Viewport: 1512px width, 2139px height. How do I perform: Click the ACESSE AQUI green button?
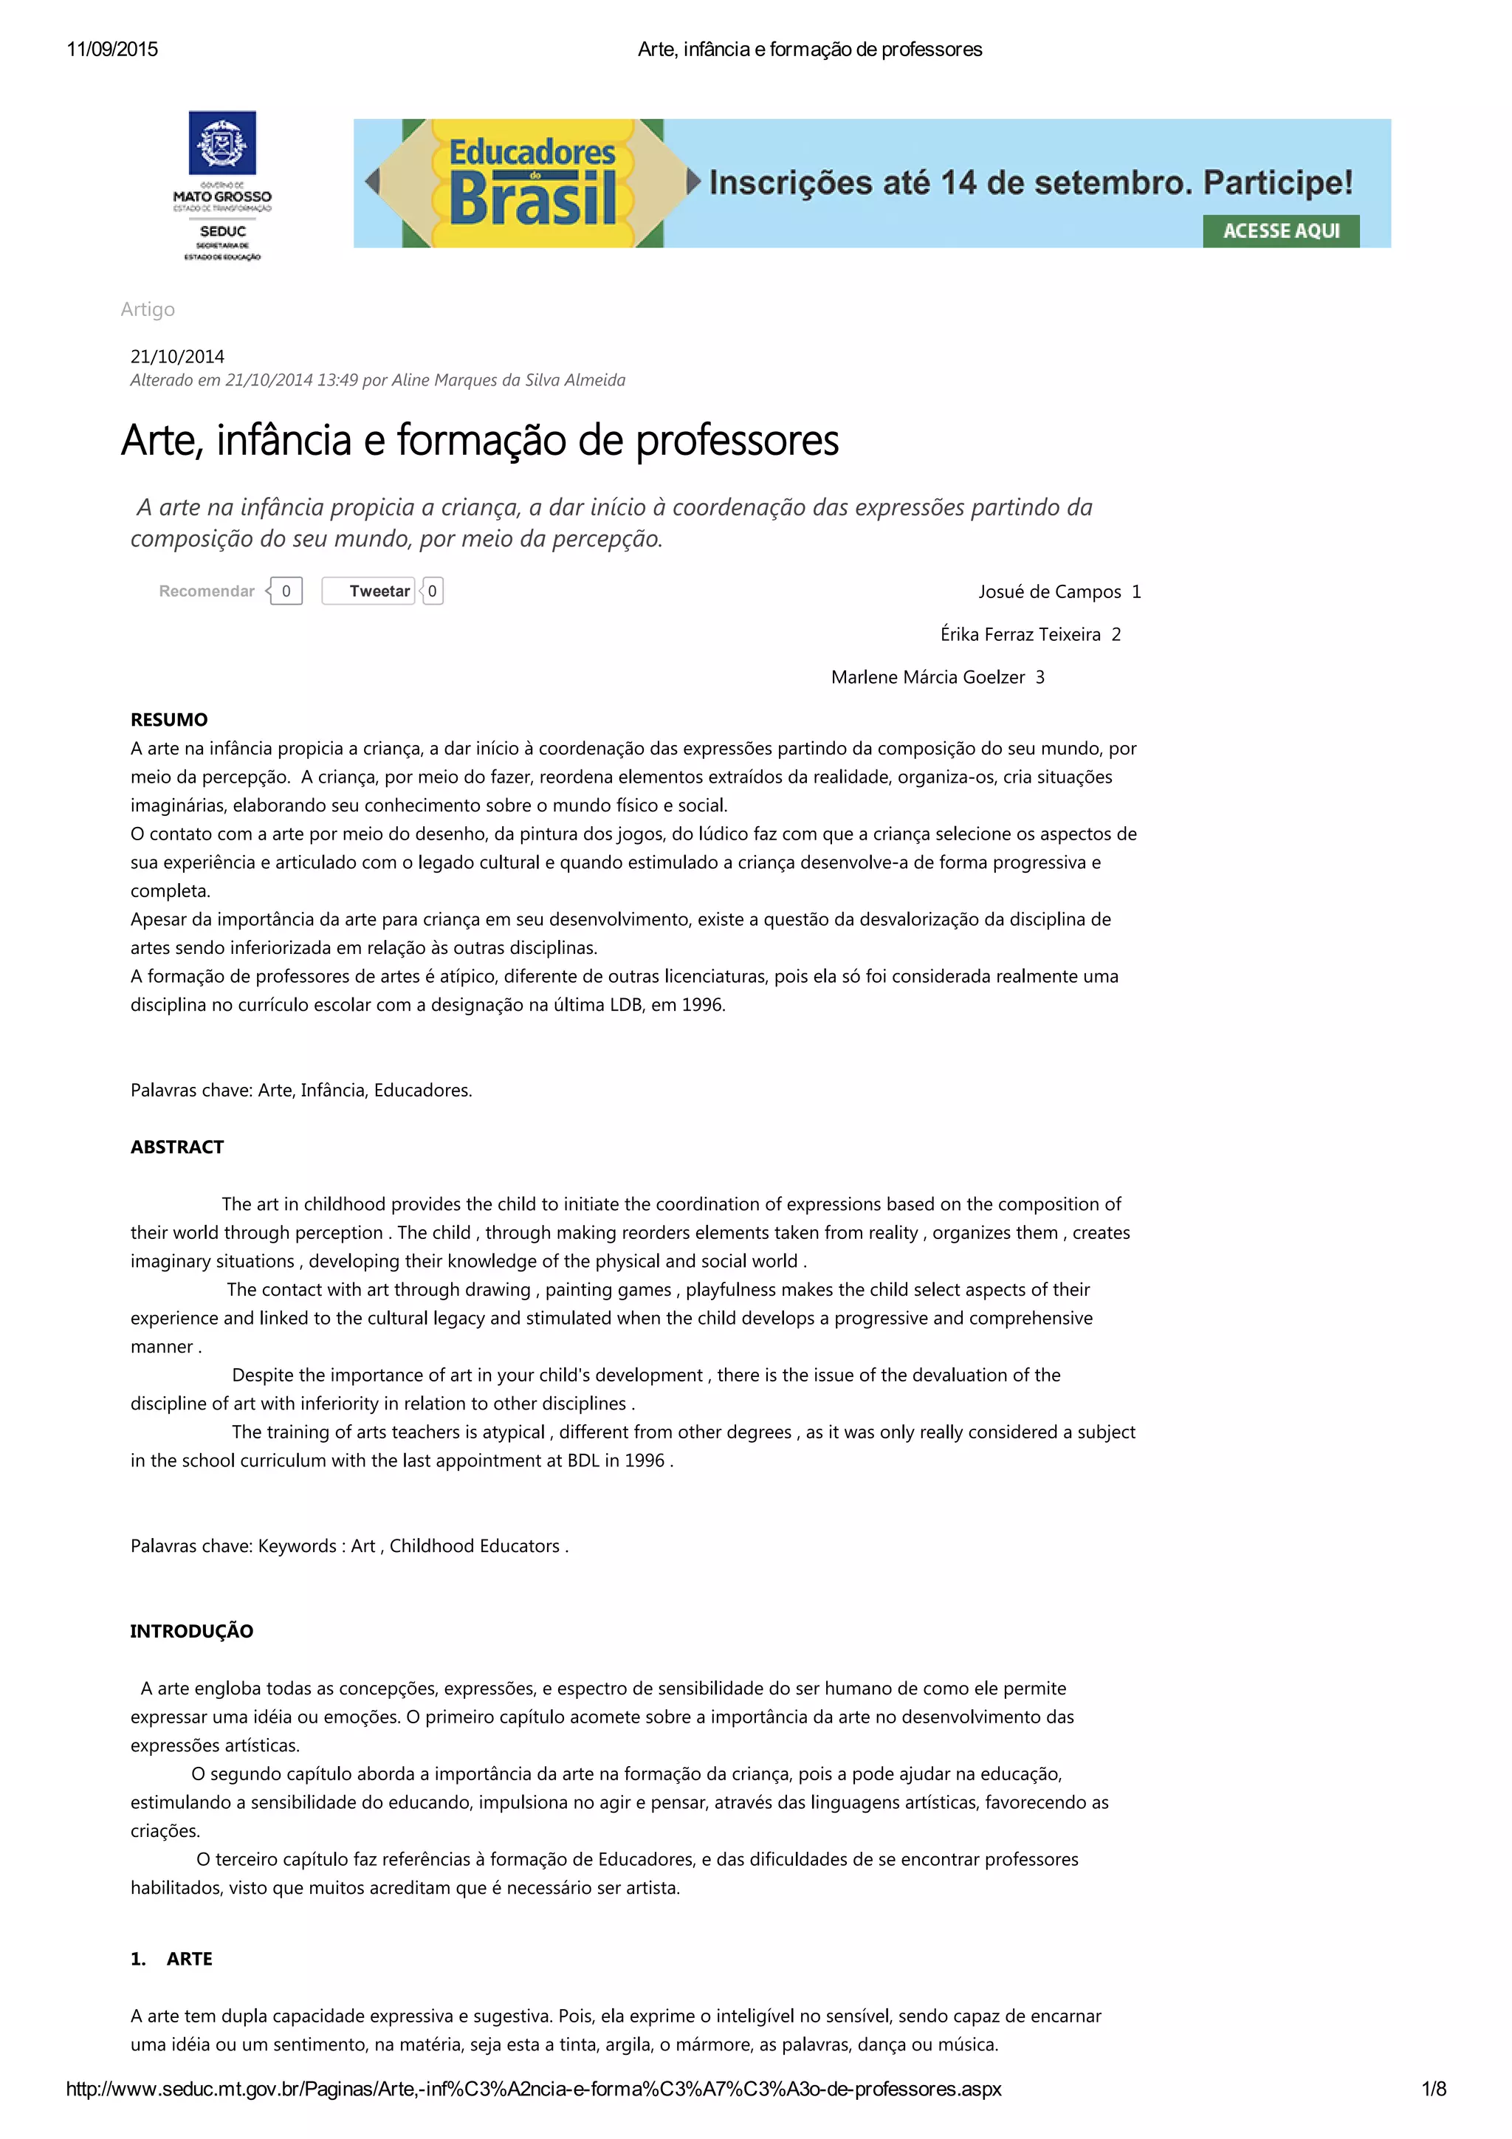(1280, 231)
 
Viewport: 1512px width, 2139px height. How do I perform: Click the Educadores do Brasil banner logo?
(532, 182)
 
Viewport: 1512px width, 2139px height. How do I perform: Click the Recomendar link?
(206, 591)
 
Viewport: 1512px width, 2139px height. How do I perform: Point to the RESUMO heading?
(168, 719)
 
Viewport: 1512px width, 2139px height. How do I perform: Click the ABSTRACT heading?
(177, 1147)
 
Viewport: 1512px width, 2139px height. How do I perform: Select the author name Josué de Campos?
(1049, 591)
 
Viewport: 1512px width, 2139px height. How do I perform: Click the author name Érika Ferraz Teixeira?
(1020, 634)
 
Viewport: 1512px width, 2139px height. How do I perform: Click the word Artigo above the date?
(147, 309)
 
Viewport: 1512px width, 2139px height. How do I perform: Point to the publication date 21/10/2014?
(177, 356)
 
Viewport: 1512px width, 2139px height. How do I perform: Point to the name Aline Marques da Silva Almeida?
(508, 380)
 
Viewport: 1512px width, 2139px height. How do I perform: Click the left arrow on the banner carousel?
(373, 182)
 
